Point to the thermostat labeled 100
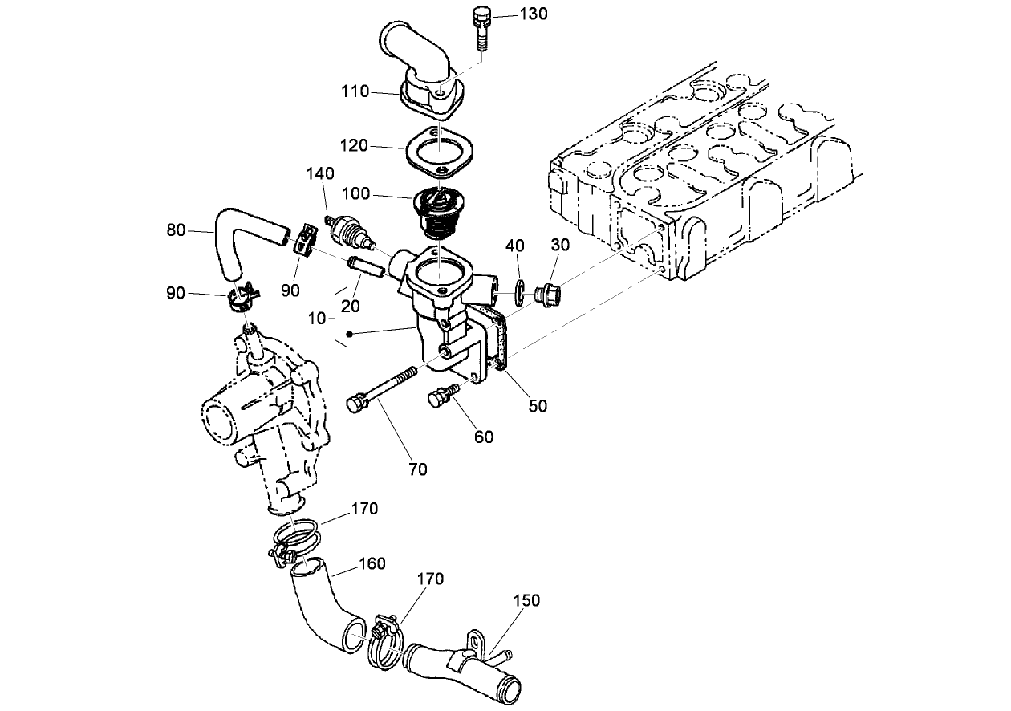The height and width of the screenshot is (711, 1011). tap(437, 210)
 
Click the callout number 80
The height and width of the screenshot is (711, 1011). tap(176, 230)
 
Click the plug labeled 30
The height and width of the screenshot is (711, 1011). tap(549, 295)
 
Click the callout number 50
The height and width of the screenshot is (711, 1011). tap(538, 406)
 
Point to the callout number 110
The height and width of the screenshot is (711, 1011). tap(354, 91)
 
